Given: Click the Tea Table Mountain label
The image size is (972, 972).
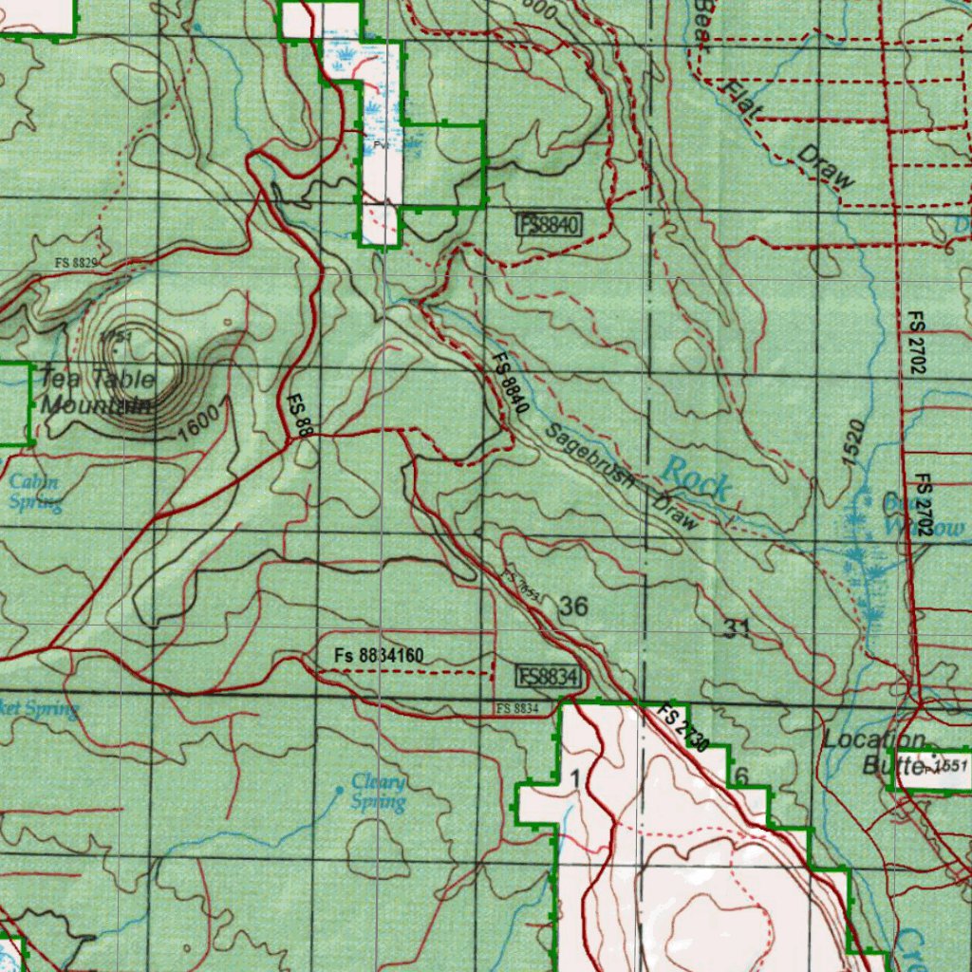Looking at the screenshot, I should [x=95, y=391].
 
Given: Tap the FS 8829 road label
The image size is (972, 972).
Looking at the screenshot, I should [x=77, y=262].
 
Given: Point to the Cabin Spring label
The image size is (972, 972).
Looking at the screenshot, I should [x=35, y=493].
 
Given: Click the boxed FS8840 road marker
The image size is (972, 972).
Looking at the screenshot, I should [x=549, y=225].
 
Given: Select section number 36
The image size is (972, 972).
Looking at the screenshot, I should [x=574, y=606].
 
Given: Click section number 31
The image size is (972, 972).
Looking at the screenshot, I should [x=737, y=627].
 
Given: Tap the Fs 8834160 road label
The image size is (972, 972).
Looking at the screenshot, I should [x=379, y=655].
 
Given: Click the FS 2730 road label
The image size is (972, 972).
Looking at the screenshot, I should [x=683, y=729].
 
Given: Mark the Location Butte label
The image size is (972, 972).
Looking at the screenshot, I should [x=874, y=751].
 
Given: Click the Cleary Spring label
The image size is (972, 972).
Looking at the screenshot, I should [x=379, y=792].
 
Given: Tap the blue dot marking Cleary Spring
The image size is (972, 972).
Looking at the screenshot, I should [x=341, y=789].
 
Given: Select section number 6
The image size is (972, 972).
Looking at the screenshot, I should [x=741, y=776].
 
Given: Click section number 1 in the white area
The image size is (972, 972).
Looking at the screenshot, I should [x=575, y=778].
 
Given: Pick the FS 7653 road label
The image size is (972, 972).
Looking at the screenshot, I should [x=523, y=586].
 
